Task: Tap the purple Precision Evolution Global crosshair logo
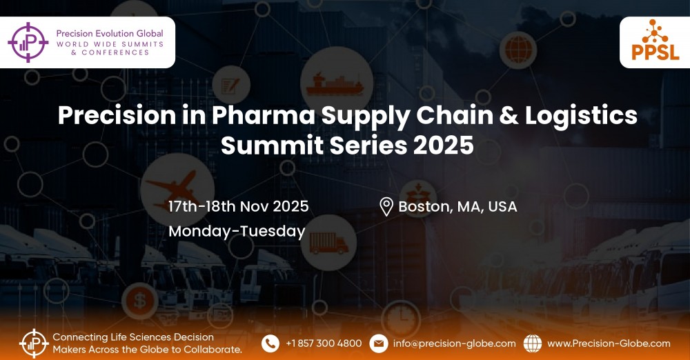28,42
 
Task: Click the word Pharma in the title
263,116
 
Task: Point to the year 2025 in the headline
444,146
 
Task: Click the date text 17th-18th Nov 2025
239,206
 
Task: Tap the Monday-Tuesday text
237,232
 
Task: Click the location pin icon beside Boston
386,207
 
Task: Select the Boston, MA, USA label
457,207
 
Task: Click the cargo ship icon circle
337,82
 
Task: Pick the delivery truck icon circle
329,243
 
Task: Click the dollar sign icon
140,301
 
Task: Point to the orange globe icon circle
518,50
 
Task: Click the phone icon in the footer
270,343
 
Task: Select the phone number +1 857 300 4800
324,343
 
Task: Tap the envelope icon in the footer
378,343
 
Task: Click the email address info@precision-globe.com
455,343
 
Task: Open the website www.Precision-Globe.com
609,343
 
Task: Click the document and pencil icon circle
231,85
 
